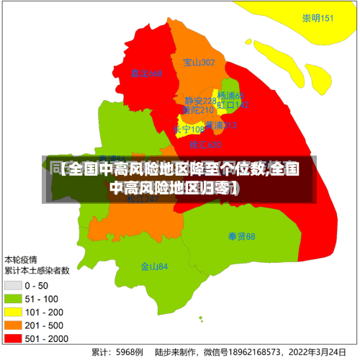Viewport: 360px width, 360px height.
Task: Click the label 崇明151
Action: pyautogui.click(x=318, y=19)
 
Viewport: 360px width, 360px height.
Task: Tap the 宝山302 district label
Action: pyautogui.click(x=199, y=63)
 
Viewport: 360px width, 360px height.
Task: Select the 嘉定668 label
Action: pyautogui.click(x=147, y=73)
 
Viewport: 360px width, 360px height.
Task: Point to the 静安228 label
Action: pyautogui.click(x=199, y=101)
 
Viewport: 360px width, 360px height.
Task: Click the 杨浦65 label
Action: pyautogui.click(x=231, y=96)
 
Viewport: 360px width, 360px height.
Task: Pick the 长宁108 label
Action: pyautogui.click(x=189, y=130)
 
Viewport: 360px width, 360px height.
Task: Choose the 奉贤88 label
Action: pyautogui.click(x=242, y=236)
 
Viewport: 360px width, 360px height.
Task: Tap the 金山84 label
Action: pyautogui.click(x=154, y=266)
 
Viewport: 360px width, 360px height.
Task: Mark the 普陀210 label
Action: pyautogui.click(x=198, y=110)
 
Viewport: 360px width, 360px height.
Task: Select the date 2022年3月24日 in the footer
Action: pyautogui.click(x=325, y=353)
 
